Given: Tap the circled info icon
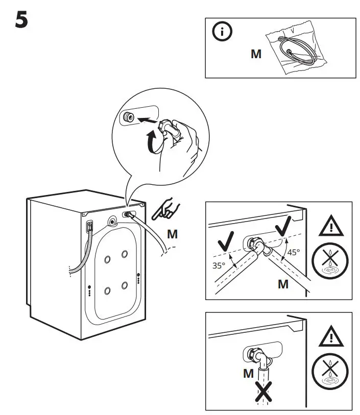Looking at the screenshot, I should click(x=222, y=33).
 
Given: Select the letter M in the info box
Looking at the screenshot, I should click(x=256, y=54).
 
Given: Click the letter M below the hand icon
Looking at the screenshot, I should click(x=173, y=234).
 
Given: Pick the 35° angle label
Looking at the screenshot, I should click(x=219, y=265).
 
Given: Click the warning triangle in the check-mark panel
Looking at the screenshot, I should click(x=331, y=225).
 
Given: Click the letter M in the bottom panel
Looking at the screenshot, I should click(x=248, y=373).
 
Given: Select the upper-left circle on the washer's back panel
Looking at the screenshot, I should click(x=107, y=259).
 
